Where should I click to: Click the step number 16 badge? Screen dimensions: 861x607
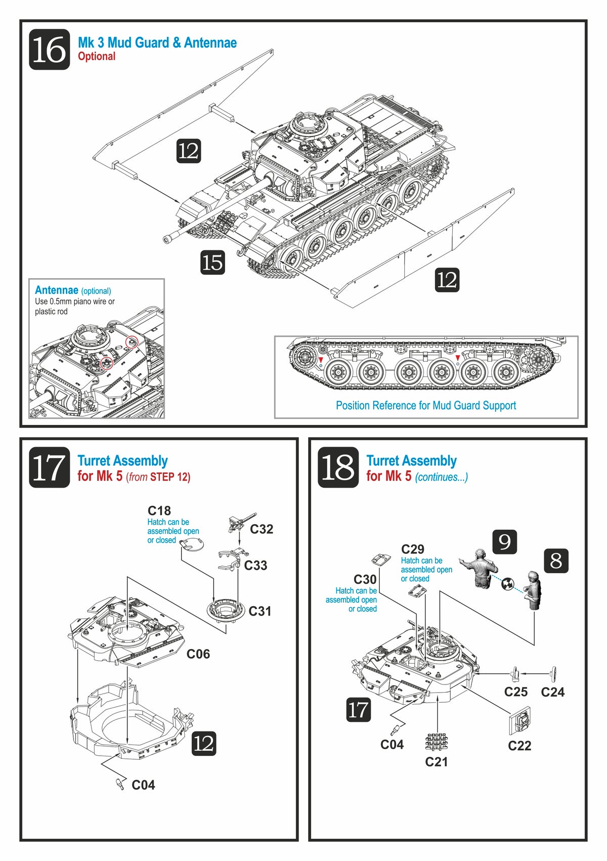[x=49, y=50]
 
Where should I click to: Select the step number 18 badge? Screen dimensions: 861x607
[x=338, y=467]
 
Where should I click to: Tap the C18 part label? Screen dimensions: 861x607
[x=159, y=511]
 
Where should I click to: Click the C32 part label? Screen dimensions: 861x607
[x=262, y=529]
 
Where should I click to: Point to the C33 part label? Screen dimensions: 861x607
[x=255, y=566]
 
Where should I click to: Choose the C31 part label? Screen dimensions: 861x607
[x=260, y=612]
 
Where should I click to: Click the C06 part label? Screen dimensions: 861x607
[x=198, y=654]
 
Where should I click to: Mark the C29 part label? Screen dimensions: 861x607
[x=413, y=549]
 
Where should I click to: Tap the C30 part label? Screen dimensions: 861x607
[x=365, y=580]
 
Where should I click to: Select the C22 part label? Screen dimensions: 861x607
[x=519, y=746]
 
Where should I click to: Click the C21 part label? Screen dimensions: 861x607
[x=437, y=762]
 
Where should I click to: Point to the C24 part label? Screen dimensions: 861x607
[x=552, y=692]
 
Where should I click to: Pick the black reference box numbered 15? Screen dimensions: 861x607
[x=212, y=263]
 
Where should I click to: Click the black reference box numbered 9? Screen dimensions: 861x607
[x=504, y=542]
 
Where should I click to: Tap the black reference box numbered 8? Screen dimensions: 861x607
[x=556, y=561]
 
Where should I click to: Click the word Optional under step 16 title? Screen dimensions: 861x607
[x=97, y=57]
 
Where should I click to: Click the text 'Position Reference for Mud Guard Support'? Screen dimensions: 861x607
[x=426, y=406]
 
